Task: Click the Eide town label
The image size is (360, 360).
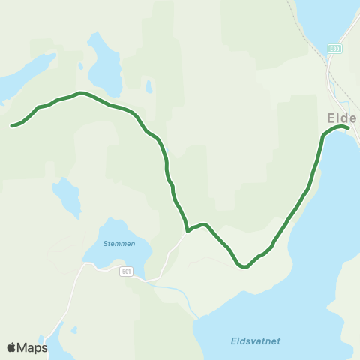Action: point(342,118)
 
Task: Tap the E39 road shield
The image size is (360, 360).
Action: point(335,49)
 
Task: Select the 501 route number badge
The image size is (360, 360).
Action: point(125,271)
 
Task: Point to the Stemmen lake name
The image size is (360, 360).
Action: point(119,244)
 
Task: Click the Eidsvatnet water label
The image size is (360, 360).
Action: point(255,340)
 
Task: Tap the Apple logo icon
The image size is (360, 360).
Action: point(11,347)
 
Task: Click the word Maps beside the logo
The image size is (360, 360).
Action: point(32,347)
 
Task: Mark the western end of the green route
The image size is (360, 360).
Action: point(11,126)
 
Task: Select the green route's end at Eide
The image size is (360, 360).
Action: point(349,129)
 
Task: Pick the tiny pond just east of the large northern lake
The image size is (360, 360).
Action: point(148,86)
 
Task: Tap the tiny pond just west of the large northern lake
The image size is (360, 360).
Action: point(79,65)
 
